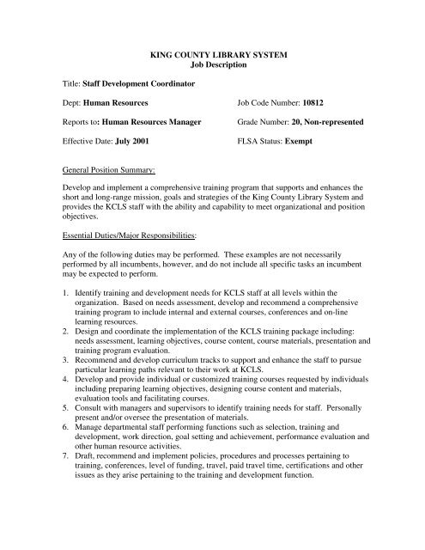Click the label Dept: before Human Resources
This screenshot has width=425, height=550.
pos(76,102)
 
